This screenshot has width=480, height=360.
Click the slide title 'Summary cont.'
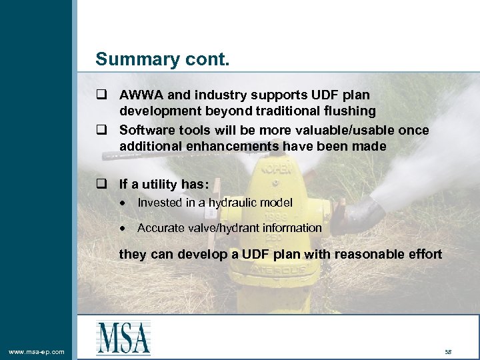[x=162, y=59]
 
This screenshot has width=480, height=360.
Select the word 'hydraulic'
[x=231, y=203]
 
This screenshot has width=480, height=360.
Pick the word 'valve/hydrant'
[x=223, y=228]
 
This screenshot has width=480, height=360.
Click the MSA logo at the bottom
[x=123, y=337]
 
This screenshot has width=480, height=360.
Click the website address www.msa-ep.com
[x=37, y=351]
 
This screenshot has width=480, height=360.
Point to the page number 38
[x=447, y=351]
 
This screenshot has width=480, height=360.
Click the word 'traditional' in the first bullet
[x=281, y=111]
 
